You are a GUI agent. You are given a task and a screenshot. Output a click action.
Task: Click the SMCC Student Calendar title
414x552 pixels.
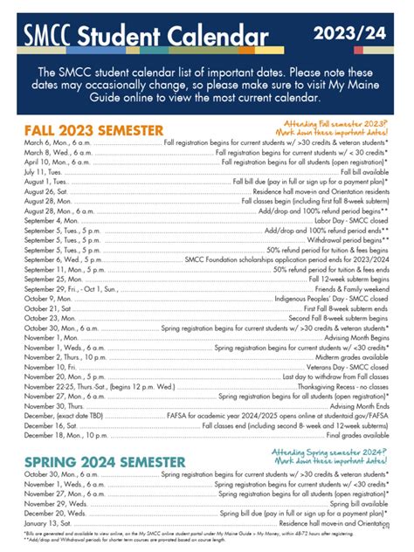pyautogui.click(x=148, y=36)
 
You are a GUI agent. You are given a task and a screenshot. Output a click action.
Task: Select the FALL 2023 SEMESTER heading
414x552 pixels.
pyautogui.click(x=94, y=129)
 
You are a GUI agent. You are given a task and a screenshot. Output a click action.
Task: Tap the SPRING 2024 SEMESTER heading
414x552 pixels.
pyautogui.click(x=104, y=459)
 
